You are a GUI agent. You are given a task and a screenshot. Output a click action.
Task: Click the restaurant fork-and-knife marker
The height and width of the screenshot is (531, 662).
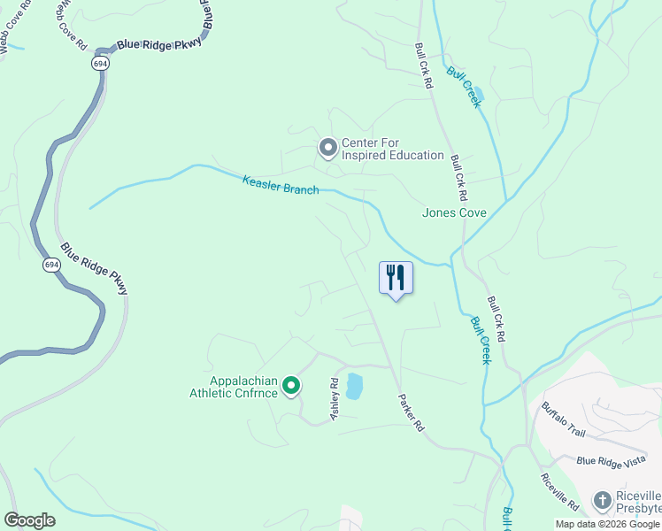click(396, 278)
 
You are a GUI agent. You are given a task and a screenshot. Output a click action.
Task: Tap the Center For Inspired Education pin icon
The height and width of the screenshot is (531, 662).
click(328, 148)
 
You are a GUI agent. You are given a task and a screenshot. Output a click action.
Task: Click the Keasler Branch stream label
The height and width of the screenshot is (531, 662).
click(281, 185)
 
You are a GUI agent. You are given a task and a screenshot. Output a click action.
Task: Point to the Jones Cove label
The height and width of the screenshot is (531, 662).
click(454, 212)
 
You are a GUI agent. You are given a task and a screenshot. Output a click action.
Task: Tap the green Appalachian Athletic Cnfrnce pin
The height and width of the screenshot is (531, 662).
click(291, 386)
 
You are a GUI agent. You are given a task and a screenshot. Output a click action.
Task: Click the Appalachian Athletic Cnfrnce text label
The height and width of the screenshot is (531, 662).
click(234, 388)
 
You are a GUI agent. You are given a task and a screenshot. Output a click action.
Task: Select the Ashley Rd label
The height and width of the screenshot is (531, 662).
click(335, 401)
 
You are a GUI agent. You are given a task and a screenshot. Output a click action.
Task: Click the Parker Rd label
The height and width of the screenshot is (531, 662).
click(412, 412)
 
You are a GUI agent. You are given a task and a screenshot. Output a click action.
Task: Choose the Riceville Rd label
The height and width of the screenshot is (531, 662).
click(560, 492)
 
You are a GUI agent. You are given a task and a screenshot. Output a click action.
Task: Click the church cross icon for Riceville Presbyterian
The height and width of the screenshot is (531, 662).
click(602, 501)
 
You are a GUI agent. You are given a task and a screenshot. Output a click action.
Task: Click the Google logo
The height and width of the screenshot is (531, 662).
click(29, 520)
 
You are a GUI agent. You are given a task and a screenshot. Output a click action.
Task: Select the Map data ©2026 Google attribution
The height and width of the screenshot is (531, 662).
click(606, 524)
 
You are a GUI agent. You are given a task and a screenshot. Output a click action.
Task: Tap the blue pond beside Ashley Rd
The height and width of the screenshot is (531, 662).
click(354, 386)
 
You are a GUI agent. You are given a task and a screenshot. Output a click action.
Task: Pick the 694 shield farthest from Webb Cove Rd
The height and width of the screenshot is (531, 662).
click(51, 265)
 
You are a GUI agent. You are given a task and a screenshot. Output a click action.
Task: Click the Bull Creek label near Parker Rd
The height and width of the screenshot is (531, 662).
click(480, 341)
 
